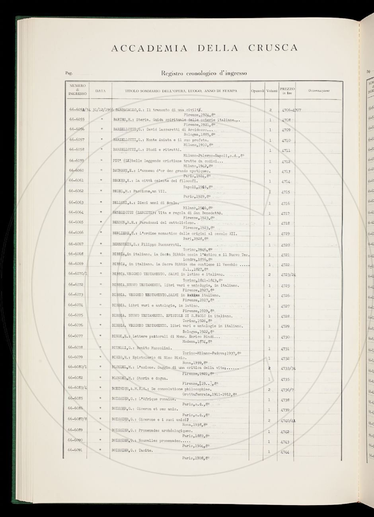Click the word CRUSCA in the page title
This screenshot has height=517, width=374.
(273, 48)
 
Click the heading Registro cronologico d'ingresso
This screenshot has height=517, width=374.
(204, 73)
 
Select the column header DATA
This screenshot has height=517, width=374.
(101, 91)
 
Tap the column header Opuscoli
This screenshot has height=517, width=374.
(258, 91)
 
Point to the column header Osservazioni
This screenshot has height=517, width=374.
(319, 91)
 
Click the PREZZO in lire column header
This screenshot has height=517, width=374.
(287, 91)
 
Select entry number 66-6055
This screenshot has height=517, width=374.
(76, 119)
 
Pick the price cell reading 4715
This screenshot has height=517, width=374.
(286, 192)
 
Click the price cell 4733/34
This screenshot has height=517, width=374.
(288, 369)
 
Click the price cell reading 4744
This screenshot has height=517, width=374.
(285, 453)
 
